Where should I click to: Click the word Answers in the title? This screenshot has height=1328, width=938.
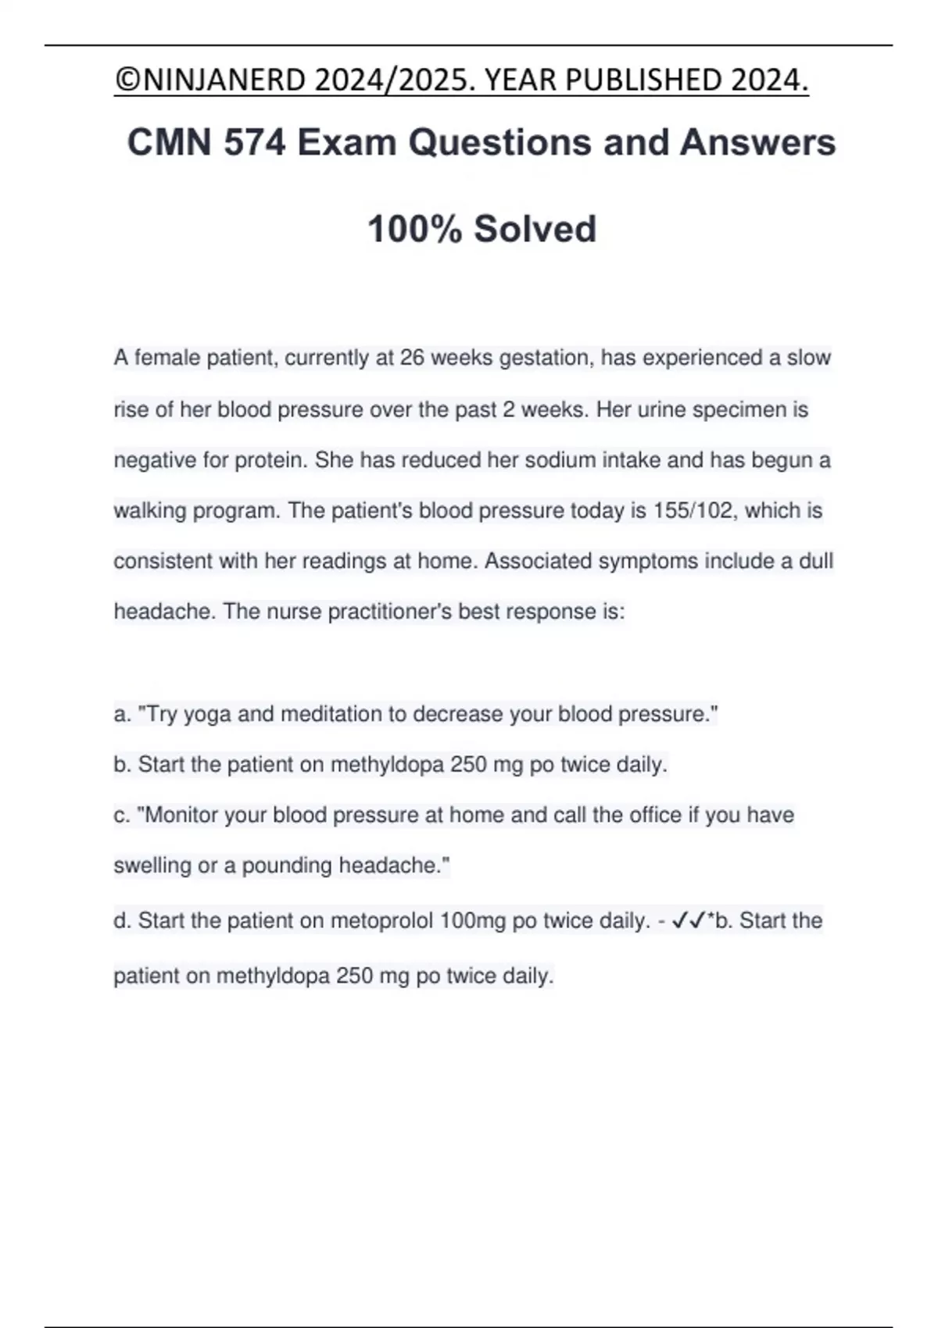pos(757,143)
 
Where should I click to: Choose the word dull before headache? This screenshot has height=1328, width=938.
pos(815,562)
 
